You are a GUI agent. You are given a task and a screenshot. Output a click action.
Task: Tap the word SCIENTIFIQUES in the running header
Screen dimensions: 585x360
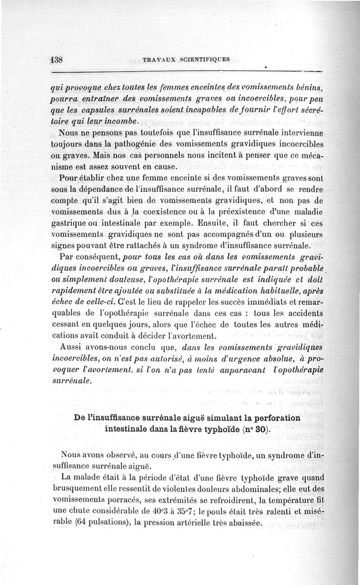click(204, 59)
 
